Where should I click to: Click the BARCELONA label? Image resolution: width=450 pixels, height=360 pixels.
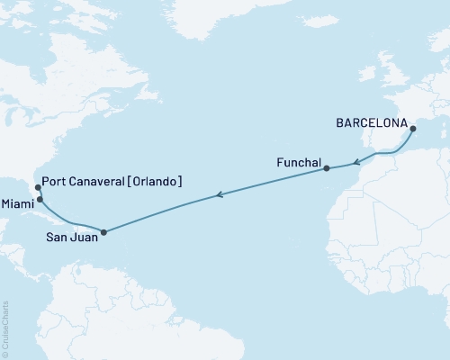(371, 121)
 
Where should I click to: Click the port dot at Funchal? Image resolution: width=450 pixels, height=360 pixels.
(327, 168)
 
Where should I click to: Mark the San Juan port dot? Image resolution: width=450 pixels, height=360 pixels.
(104, 232)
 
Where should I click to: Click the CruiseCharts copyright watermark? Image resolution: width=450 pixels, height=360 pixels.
(5, 328)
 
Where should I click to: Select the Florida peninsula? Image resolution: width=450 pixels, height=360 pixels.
(35, 191)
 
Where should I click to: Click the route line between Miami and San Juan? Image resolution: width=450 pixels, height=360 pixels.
(72, 222)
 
